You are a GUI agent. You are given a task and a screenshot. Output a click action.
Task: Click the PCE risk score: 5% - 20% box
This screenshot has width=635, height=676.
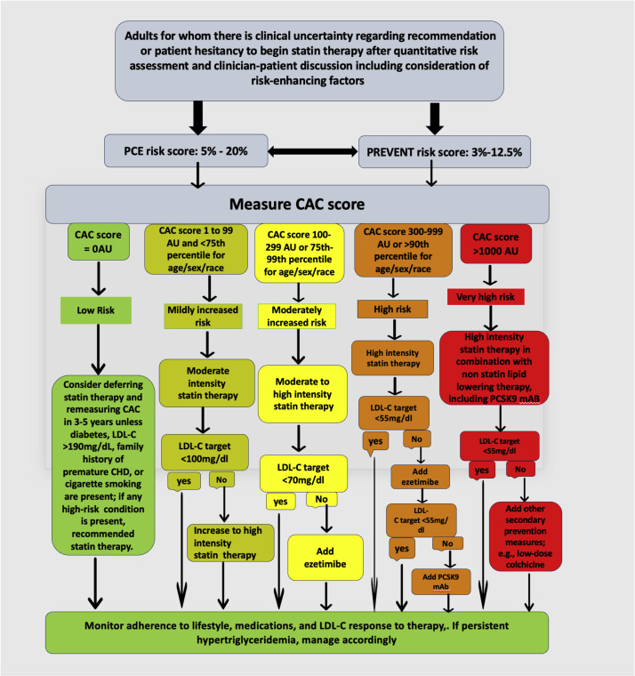point(179,151)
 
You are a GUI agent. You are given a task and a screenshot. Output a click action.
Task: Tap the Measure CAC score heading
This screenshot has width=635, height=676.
point(317,204)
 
